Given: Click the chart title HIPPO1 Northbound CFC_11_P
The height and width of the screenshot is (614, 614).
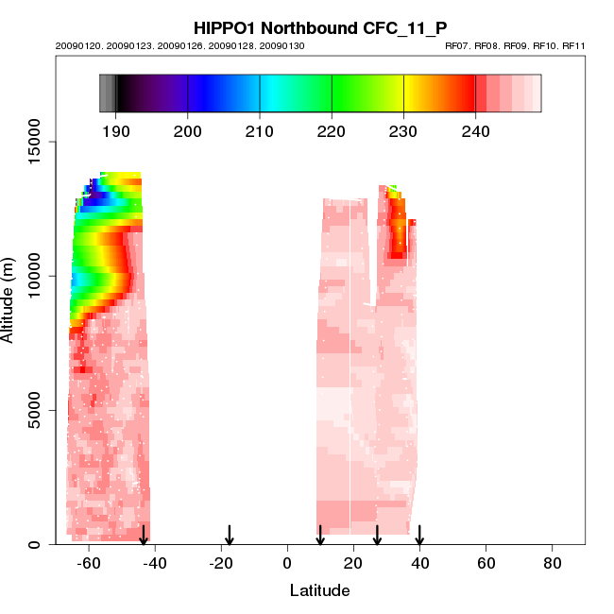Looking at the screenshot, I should (320, 28).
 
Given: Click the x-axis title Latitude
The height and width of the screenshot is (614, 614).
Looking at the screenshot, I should (319, 591).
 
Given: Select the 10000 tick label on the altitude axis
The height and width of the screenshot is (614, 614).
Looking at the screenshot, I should (35, 276).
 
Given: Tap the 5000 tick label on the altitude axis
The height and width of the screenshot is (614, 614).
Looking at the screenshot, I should (35, 410).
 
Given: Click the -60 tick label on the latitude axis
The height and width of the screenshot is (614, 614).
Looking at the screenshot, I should (89, 564).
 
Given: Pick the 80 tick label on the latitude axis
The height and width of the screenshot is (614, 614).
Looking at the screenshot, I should (553, 564).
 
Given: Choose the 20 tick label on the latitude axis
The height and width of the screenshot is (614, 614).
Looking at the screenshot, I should (353, 564).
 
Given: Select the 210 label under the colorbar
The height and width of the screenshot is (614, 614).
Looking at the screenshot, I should (260, 131).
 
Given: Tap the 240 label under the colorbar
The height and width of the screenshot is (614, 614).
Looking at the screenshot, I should (475, 131).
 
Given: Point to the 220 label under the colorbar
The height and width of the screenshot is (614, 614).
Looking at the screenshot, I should (332, 131).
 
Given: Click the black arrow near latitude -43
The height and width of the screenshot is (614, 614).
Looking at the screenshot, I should (144, 535).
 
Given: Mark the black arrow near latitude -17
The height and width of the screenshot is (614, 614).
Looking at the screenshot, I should (230, 535).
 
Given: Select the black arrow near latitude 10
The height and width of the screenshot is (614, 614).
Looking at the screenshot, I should (320, 535).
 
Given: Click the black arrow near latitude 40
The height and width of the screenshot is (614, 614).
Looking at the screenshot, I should (419, 535).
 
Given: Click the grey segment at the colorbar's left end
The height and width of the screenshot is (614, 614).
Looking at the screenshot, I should (107, 94).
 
